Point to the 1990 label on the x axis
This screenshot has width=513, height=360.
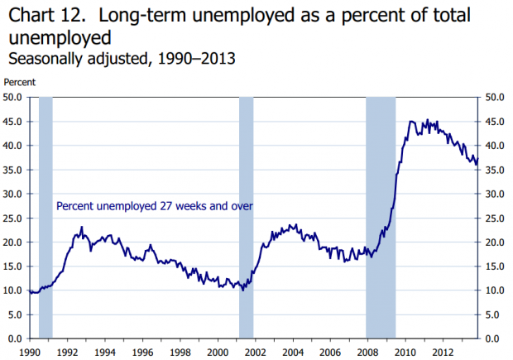(29, 353)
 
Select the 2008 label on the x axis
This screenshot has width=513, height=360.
(367, 353)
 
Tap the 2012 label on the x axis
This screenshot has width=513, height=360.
(443, 353)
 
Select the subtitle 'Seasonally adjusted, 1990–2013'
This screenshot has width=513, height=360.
(120, 59)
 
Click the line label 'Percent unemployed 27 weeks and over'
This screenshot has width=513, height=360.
(154, 206)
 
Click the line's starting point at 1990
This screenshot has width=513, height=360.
(29, 291)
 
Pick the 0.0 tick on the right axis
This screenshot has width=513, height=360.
(491, 338)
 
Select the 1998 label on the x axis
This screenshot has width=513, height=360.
(180, 353)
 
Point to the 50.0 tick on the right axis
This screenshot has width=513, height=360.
(495, 97)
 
